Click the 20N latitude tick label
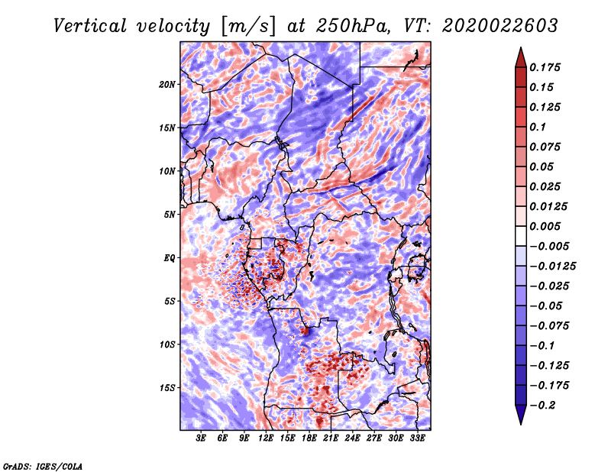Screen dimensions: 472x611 click(167, 84)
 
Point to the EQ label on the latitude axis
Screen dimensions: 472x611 click(169, 257)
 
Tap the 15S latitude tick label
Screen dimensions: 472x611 click(167, 387)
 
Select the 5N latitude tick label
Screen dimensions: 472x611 click(169, 214)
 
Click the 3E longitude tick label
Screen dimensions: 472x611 click(202, 438)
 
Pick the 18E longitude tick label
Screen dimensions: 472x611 click(309, 438)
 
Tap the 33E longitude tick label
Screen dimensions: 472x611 click(417, 438)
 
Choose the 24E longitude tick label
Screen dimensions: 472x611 click(352, 438)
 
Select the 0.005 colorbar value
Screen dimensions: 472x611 click(545, 226)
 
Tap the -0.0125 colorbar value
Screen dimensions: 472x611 click(554, 266)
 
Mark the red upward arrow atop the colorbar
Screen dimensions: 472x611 click(519, 54)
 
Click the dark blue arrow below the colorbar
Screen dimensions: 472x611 click(519, 415)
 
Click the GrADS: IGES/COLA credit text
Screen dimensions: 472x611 click(43, 465)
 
